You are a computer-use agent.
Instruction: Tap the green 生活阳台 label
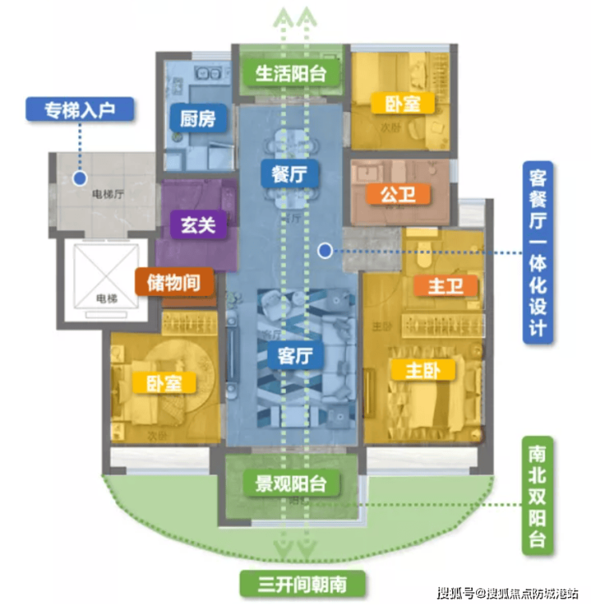click(x=291, y=74)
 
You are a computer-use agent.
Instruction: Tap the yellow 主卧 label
click(x=422, y=369)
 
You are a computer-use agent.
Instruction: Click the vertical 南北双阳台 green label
click(x=537, y=496)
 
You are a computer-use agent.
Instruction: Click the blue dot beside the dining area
click(x=324, y=251)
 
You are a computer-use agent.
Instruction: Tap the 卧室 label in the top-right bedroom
click(x=403, y=104)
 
